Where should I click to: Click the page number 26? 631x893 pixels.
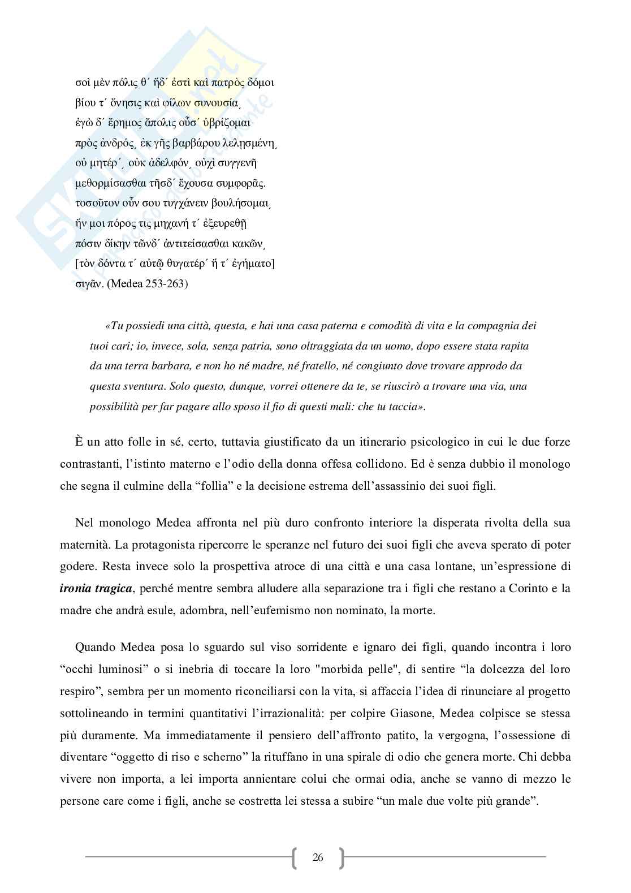318,857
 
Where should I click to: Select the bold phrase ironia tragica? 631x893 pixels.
96,589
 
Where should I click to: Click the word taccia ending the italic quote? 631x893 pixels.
404,407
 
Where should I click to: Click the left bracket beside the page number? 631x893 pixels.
295,857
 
